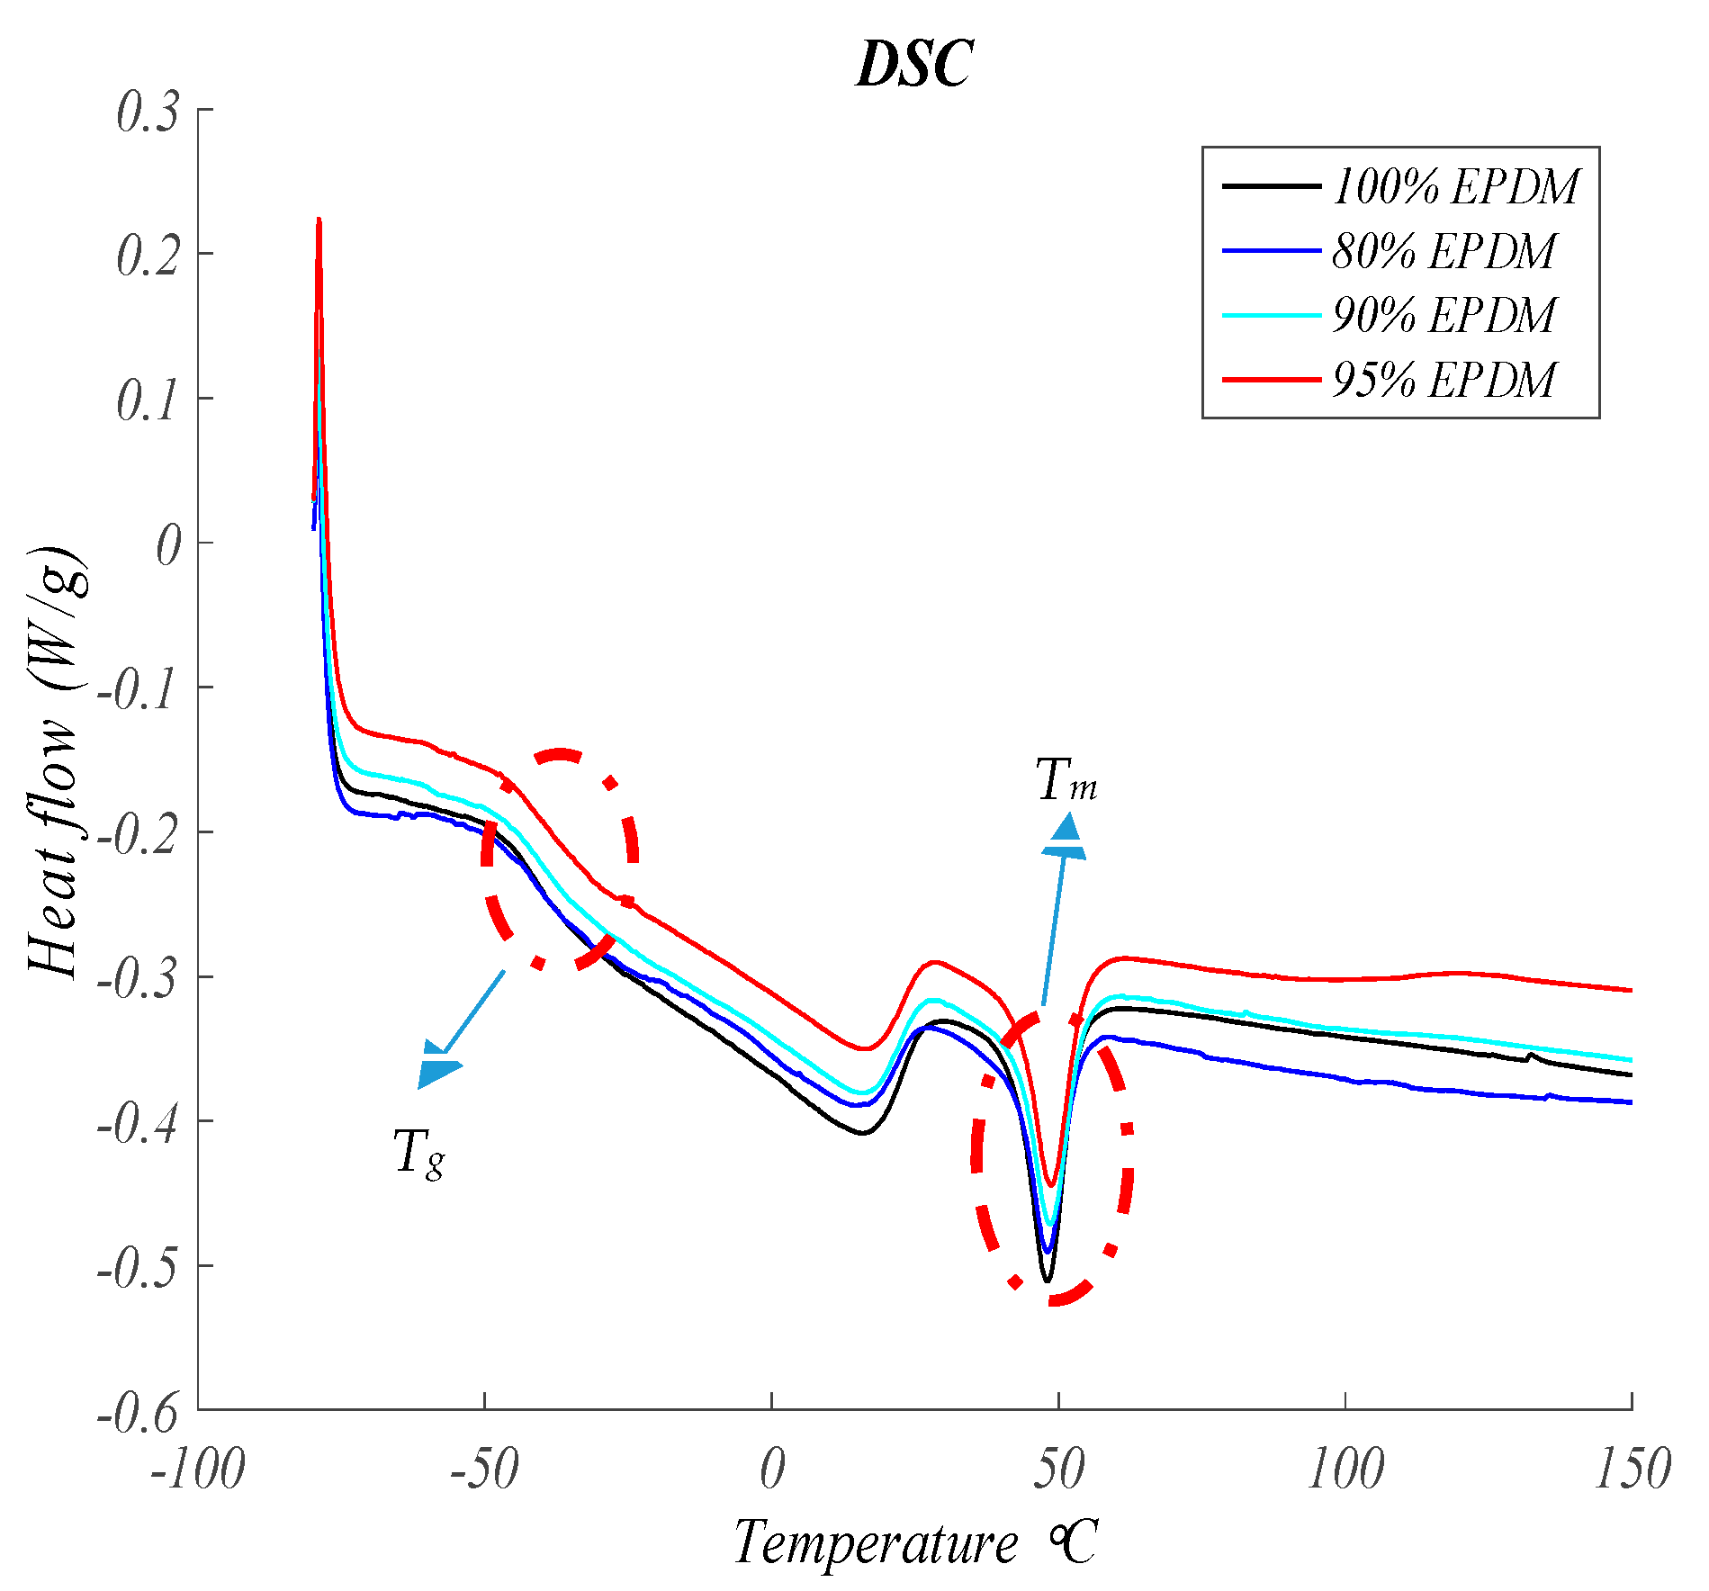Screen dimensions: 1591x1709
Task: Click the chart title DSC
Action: [x=913, y=65]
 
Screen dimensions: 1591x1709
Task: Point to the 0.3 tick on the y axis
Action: [x=148, y=112]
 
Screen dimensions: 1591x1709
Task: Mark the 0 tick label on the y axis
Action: [x=168, y=546]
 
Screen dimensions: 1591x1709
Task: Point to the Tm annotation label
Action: [x=1066, y=780]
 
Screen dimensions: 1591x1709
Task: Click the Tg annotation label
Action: [x=419, y=1153]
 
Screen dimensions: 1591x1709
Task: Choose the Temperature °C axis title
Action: [x=914, y=1543]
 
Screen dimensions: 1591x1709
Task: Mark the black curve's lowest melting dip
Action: [x=1047, y=1279]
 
